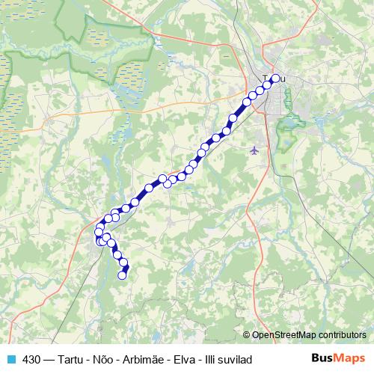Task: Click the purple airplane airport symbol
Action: click(255, 150)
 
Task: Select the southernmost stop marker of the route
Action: click(123, 275)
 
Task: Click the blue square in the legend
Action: click(11, 360)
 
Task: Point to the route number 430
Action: click(31, 360)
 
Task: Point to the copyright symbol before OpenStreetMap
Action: click(247, 335)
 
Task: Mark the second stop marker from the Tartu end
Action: click(267, 85)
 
